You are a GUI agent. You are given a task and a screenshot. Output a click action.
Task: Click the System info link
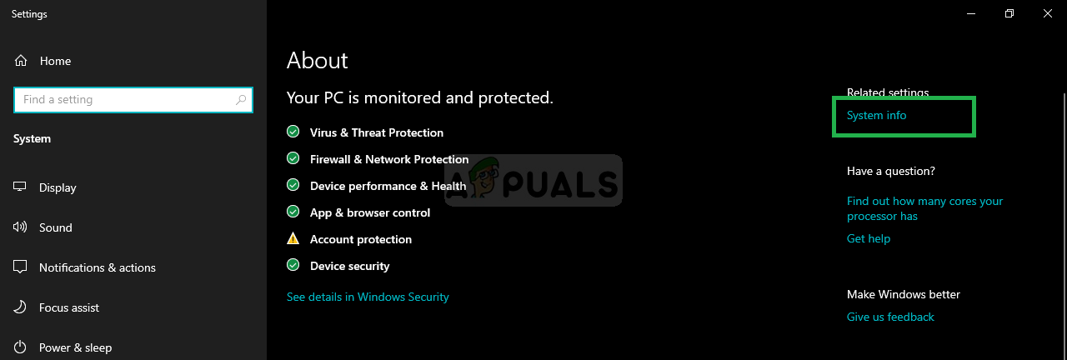[x=876, y=115]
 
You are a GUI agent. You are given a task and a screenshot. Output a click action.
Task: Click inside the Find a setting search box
[x=124, y=99]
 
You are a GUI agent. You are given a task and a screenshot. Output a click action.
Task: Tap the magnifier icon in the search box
[x=241, y=99]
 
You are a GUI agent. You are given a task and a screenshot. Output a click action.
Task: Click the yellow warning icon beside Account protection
[x=293, y=238]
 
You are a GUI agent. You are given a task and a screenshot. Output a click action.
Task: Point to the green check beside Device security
[x=293, y=265]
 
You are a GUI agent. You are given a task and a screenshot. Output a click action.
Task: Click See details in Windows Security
[x=368, y=297]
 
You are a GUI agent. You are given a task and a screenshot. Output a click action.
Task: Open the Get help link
[x=869, y=238]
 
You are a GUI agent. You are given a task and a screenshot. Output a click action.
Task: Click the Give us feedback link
[x=890, y=317]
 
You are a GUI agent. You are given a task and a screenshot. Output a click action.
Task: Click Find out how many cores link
[x=924, y=208]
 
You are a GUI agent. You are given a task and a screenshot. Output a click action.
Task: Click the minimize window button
[x=971, y=14]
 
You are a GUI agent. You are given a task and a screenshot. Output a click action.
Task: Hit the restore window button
[x=1009, y=14]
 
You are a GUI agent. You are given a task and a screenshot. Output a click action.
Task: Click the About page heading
[x=318, y=61]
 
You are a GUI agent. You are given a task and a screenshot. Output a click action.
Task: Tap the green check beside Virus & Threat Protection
[x=293, y=132]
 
